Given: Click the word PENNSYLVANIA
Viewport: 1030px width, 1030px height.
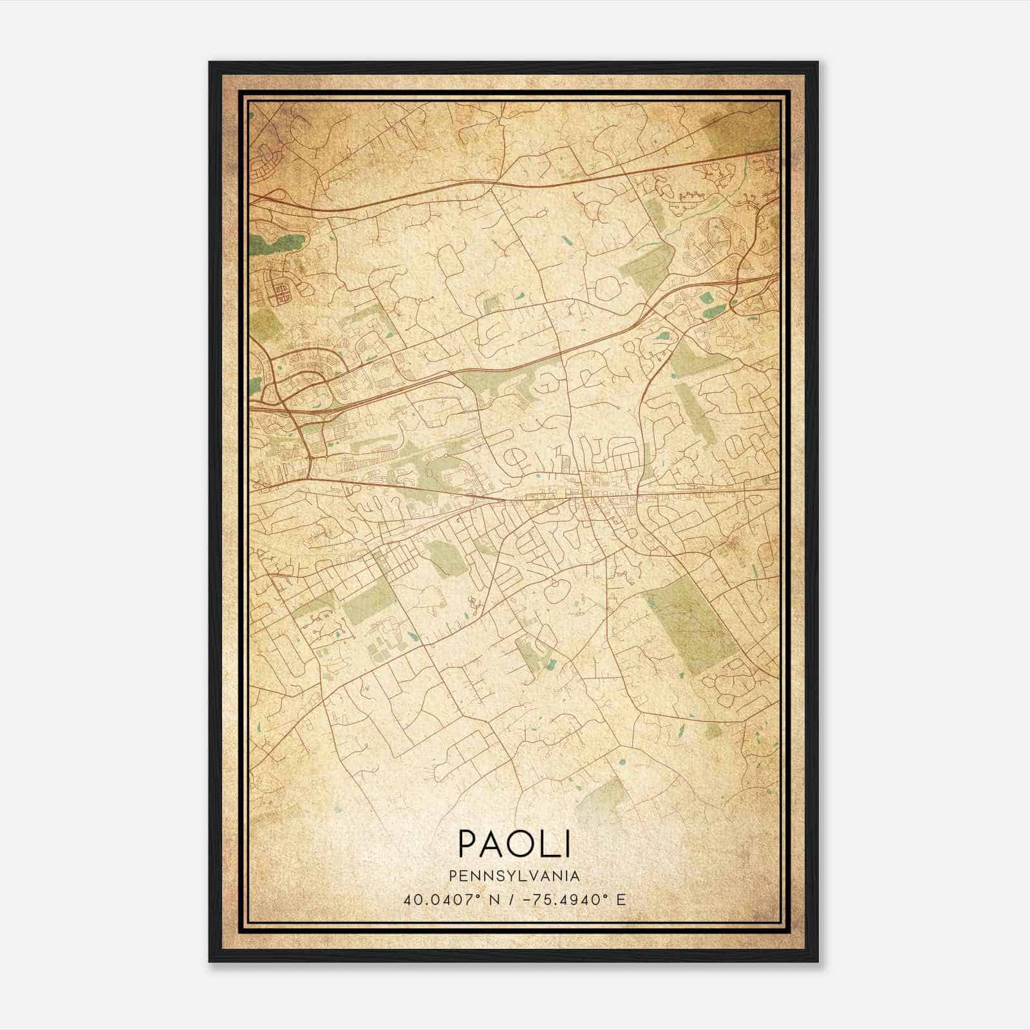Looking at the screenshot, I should pos(514,876).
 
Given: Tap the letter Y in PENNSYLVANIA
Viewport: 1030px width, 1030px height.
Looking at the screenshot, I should pos(514,876).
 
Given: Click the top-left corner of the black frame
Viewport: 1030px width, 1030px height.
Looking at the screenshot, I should pos(211,63).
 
